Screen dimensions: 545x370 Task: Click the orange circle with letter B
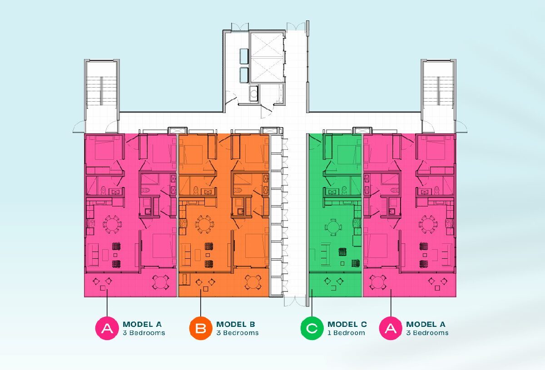[x=201, y=328]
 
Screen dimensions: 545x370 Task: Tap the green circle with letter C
[x=312, y=328]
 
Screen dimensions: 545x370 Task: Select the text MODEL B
[x=236, y=324]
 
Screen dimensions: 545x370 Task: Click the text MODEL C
[x=347, y=324]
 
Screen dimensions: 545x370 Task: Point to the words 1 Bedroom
[x=346, y=333]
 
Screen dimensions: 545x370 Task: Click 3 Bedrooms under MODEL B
[x=238, y=333]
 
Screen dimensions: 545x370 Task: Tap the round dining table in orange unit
[x=204, y=224]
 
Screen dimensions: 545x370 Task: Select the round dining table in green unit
[x=333, y=227]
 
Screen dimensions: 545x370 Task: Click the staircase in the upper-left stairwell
[x=101, y=91]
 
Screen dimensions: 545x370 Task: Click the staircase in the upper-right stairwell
[x=438, y=91]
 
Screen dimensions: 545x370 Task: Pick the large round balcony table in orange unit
[x=253, y=282]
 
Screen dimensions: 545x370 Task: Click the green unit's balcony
[x=335, y=285]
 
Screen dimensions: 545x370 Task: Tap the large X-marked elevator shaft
[x=267, y=58]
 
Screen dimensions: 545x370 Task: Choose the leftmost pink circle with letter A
[x=107, y=328]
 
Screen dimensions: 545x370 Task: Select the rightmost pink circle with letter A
[x=391, y=328]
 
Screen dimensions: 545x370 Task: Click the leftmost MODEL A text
[x=142, y=324]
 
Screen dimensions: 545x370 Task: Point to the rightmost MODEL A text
[x=426, y=324]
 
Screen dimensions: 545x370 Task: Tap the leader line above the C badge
[x=312, y=303]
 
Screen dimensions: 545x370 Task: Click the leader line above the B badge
[x=201, y=303]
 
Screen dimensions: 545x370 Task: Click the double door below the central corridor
[x=295, y=301]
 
